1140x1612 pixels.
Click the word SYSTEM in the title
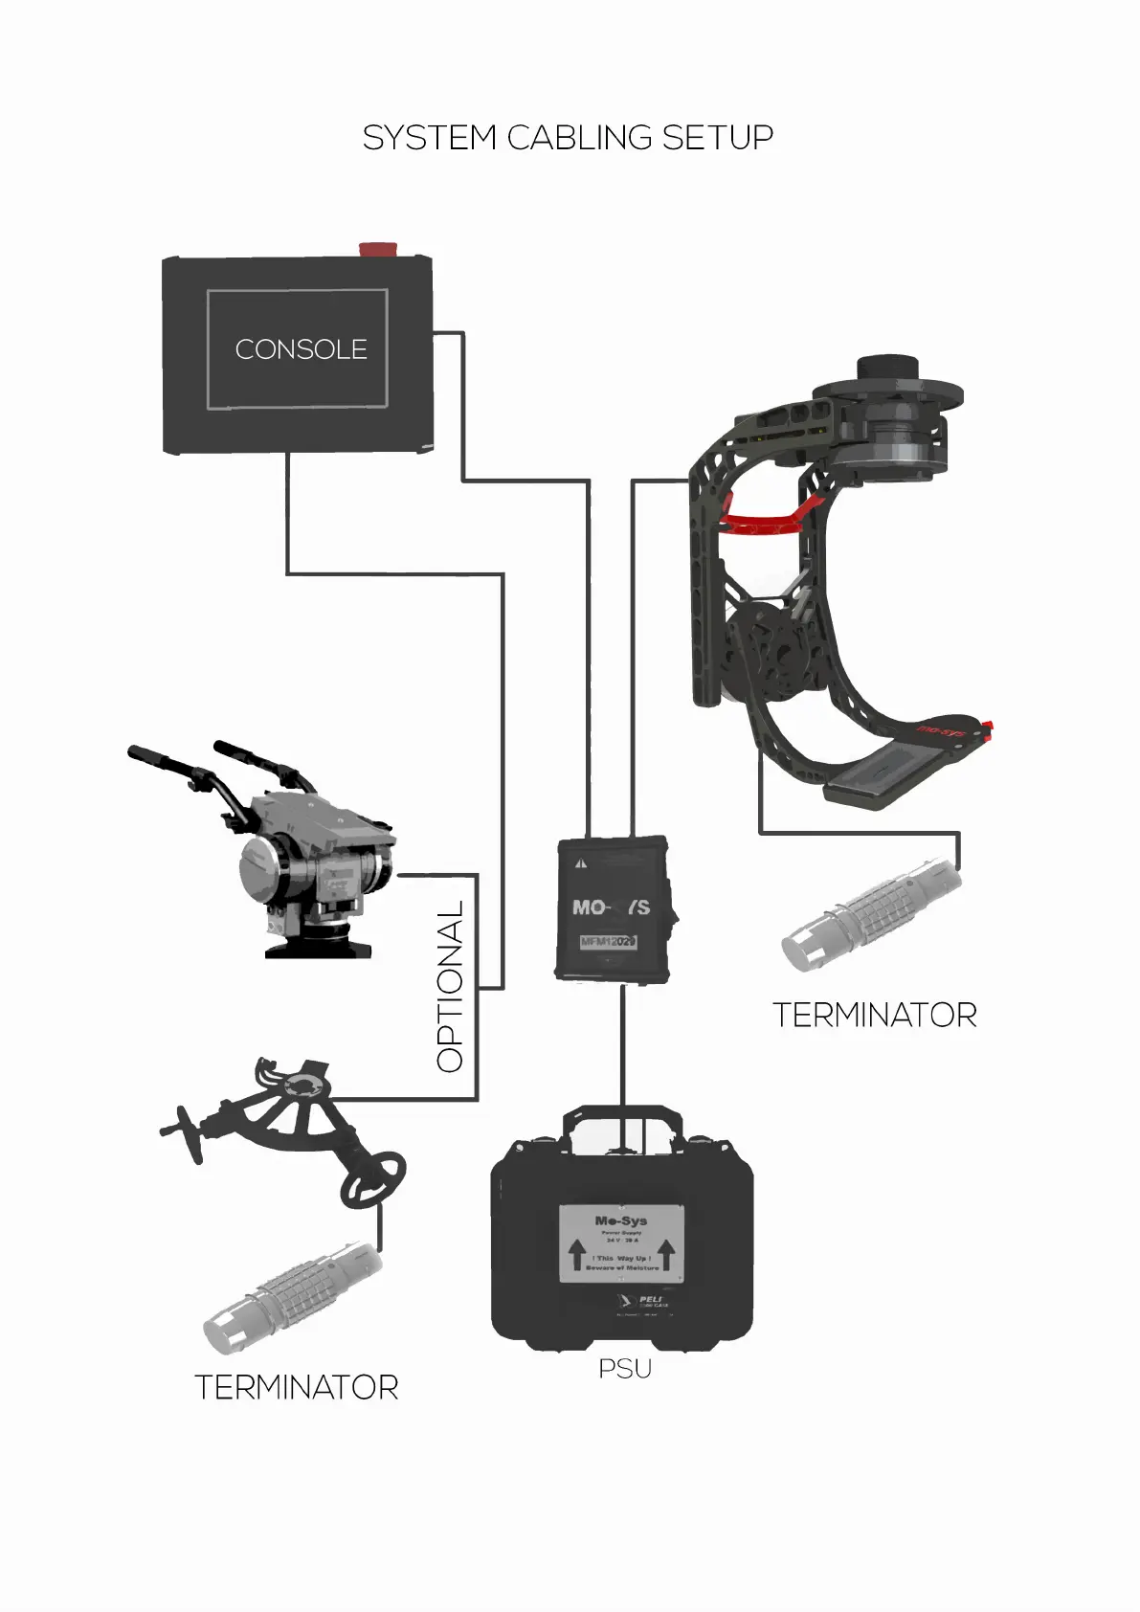coord(429,138)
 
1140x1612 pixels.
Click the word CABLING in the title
coord(579,138)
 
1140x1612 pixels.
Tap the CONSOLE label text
coord(301,349)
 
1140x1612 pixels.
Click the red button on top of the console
coord(378,250)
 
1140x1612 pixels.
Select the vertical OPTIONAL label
coord(450,986)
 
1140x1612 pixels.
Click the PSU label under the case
coord(625,1369)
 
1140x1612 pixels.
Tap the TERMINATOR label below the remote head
coord(874,1015)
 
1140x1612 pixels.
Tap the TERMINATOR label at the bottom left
coord(296,1387)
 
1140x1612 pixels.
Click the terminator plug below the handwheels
coord(291,1297)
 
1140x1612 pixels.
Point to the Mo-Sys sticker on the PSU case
coord(621,1243)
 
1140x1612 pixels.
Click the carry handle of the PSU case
coord(622,1120)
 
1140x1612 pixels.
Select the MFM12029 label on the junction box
coord(608,941)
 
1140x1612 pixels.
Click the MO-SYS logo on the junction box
coord(611,907)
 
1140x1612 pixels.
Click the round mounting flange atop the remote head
coord(887,392)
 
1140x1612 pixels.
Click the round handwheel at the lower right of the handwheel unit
coord(372,1179)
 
